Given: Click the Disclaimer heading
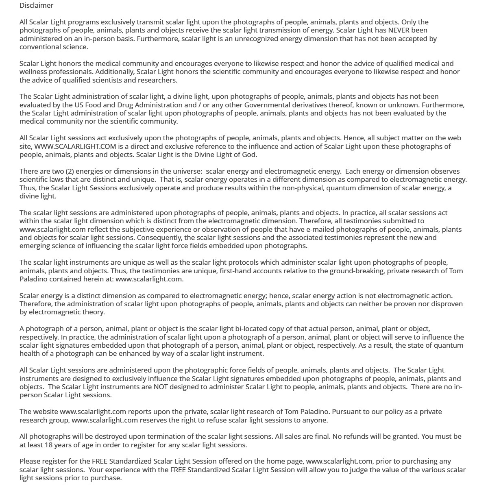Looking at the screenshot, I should click(36, 5).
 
